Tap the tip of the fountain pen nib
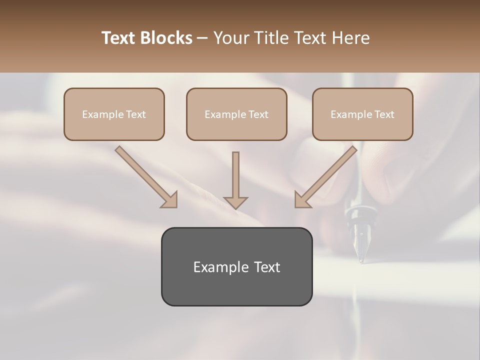click(x=360, y=260)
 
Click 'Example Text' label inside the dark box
click(x=236, y=267)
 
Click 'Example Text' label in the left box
click(x=114, y=114)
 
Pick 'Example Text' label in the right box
click(x=362, y=114)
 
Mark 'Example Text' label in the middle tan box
click(x=236, y=114)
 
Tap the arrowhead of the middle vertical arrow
click(x=235, y=202)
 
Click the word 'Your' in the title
click(x=231, y=38)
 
